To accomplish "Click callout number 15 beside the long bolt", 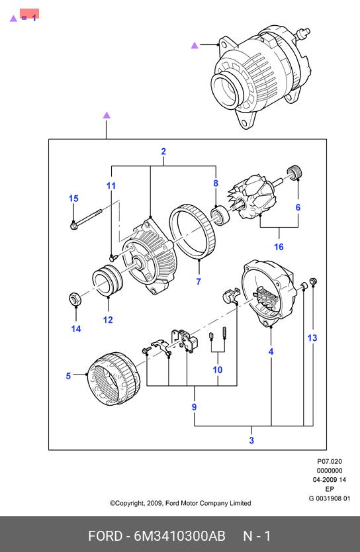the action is click(x=73, y=199).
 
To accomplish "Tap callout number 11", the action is click(x=111, y=186).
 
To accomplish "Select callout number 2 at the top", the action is click(x=163, y=152).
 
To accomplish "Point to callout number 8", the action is click(x=216, y=183).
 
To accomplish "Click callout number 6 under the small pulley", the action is click(x=298, y=207).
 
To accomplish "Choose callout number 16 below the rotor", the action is click(x=279, y=247).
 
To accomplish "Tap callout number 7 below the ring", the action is click(x=199, y=282).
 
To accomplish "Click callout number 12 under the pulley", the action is click(x=108, y=320).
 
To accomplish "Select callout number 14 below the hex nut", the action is click(x=76, y=329).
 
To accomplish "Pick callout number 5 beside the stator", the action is click(x=68, y=377).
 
